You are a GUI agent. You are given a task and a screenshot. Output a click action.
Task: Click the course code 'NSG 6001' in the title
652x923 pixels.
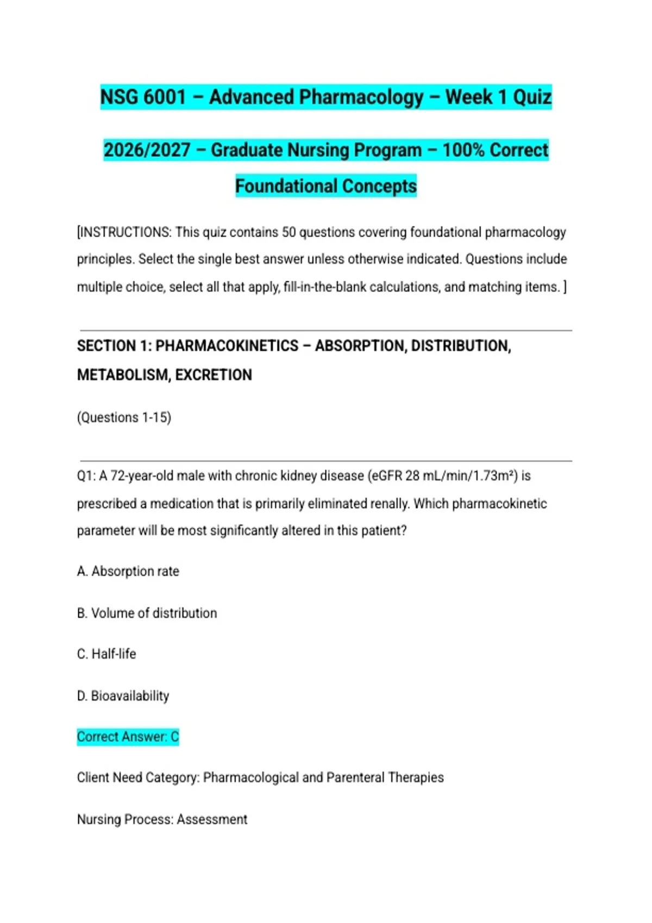[143, 97]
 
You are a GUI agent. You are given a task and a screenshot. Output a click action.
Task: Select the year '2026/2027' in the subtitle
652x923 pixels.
[147, 150]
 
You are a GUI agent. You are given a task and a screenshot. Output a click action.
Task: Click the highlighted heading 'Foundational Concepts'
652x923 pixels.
[326, 186]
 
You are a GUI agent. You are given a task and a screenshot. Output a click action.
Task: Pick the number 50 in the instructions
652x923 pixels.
[289, 232]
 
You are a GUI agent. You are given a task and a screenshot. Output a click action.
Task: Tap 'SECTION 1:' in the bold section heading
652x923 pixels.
[114, 346]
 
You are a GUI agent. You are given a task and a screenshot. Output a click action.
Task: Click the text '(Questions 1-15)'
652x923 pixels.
[124, 418]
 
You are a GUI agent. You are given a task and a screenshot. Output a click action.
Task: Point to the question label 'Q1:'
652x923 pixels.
[86, 476]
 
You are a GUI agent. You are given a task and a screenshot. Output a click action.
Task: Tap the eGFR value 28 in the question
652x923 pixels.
[412, 476]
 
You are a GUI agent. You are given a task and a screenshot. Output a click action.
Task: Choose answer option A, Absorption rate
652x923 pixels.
[128, 571]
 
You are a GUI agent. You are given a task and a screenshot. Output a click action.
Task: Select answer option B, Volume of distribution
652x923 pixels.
[147, 613]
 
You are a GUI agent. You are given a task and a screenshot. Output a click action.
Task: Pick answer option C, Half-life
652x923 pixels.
[106, 654]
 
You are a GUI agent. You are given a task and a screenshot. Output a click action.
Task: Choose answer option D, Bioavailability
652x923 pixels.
[123, 696]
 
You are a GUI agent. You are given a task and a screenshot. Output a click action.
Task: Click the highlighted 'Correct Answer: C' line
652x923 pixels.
[128, 737]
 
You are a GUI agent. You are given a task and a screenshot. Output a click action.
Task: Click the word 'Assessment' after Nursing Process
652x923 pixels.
[212, 819]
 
